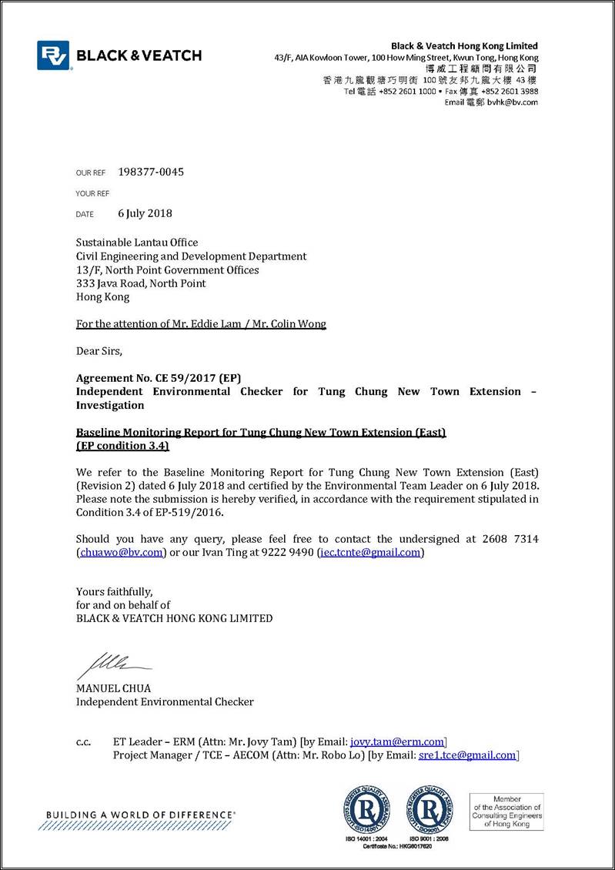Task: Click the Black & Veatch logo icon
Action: tap(53, 55)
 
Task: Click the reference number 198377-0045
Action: tap(151, 172)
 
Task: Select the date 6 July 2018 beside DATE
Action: tap(145, 213)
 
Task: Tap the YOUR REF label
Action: tap(92, 193)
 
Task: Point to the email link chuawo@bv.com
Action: tap(121, 552)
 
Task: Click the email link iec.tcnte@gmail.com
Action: tap(370, 552)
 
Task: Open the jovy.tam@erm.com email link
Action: tap(397, 741)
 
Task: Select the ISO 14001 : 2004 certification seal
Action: tap(366, 808)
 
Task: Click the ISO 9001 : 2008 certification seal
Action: tap(429, 808)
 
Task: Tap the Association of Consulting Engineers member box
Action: tap(506, 811)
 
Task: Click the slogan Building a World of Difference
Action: tap(141, 815)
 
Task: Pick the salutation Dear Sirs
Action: tap(99, 351)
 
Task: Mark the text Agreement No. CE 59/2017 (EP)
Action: tap(159, 378)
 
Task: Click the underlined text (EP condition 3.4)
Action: tap(122, 446)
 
